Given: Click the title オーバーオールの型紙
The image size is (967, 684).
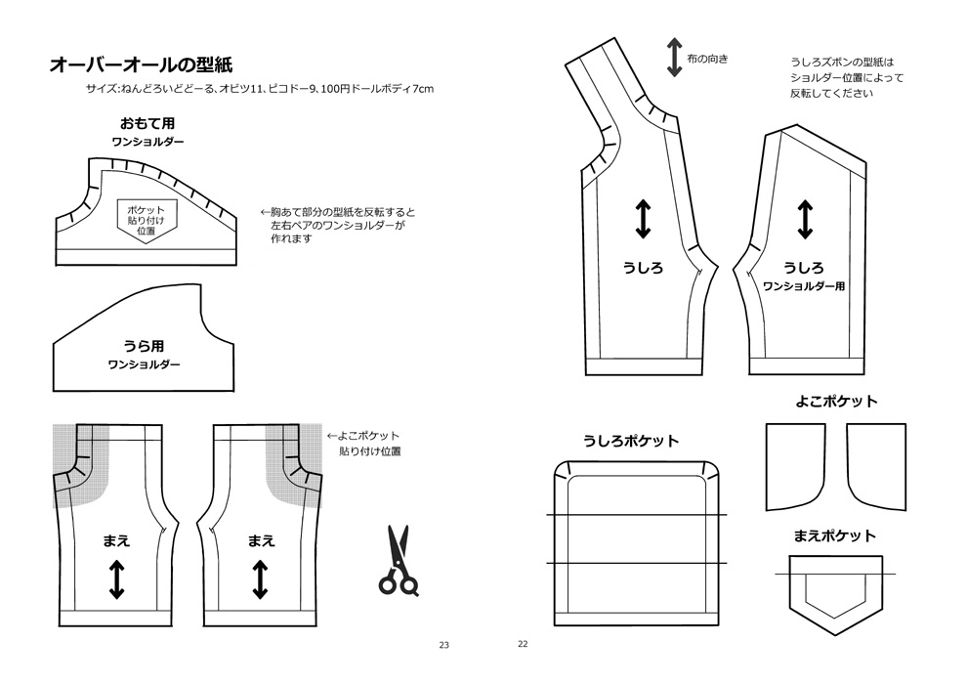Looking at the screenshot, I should point(140,65).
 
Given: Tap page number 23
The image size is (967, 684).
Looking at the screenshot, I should point(443,645).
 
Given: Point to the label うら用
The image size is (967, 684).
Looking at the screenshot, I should point(143,346).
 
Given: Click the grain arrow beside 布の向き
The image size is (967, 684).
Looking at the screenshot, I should point(674,58).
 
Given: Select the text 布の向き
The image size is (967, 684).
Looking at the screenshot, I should point(708,59).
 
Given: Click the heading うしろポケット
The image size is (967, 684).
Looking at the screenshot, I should point(631,441).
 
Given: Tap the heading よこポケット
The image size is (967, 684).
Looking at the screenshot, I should point(836,401).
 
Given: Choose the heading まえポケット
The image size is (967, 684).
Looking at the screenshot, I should point(834,535).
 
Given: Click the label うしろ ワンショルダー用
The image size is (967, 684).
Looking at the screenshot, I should point(803,277).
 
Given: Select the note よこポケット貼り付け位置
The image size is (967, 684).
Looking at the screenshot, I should point(368,444).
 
